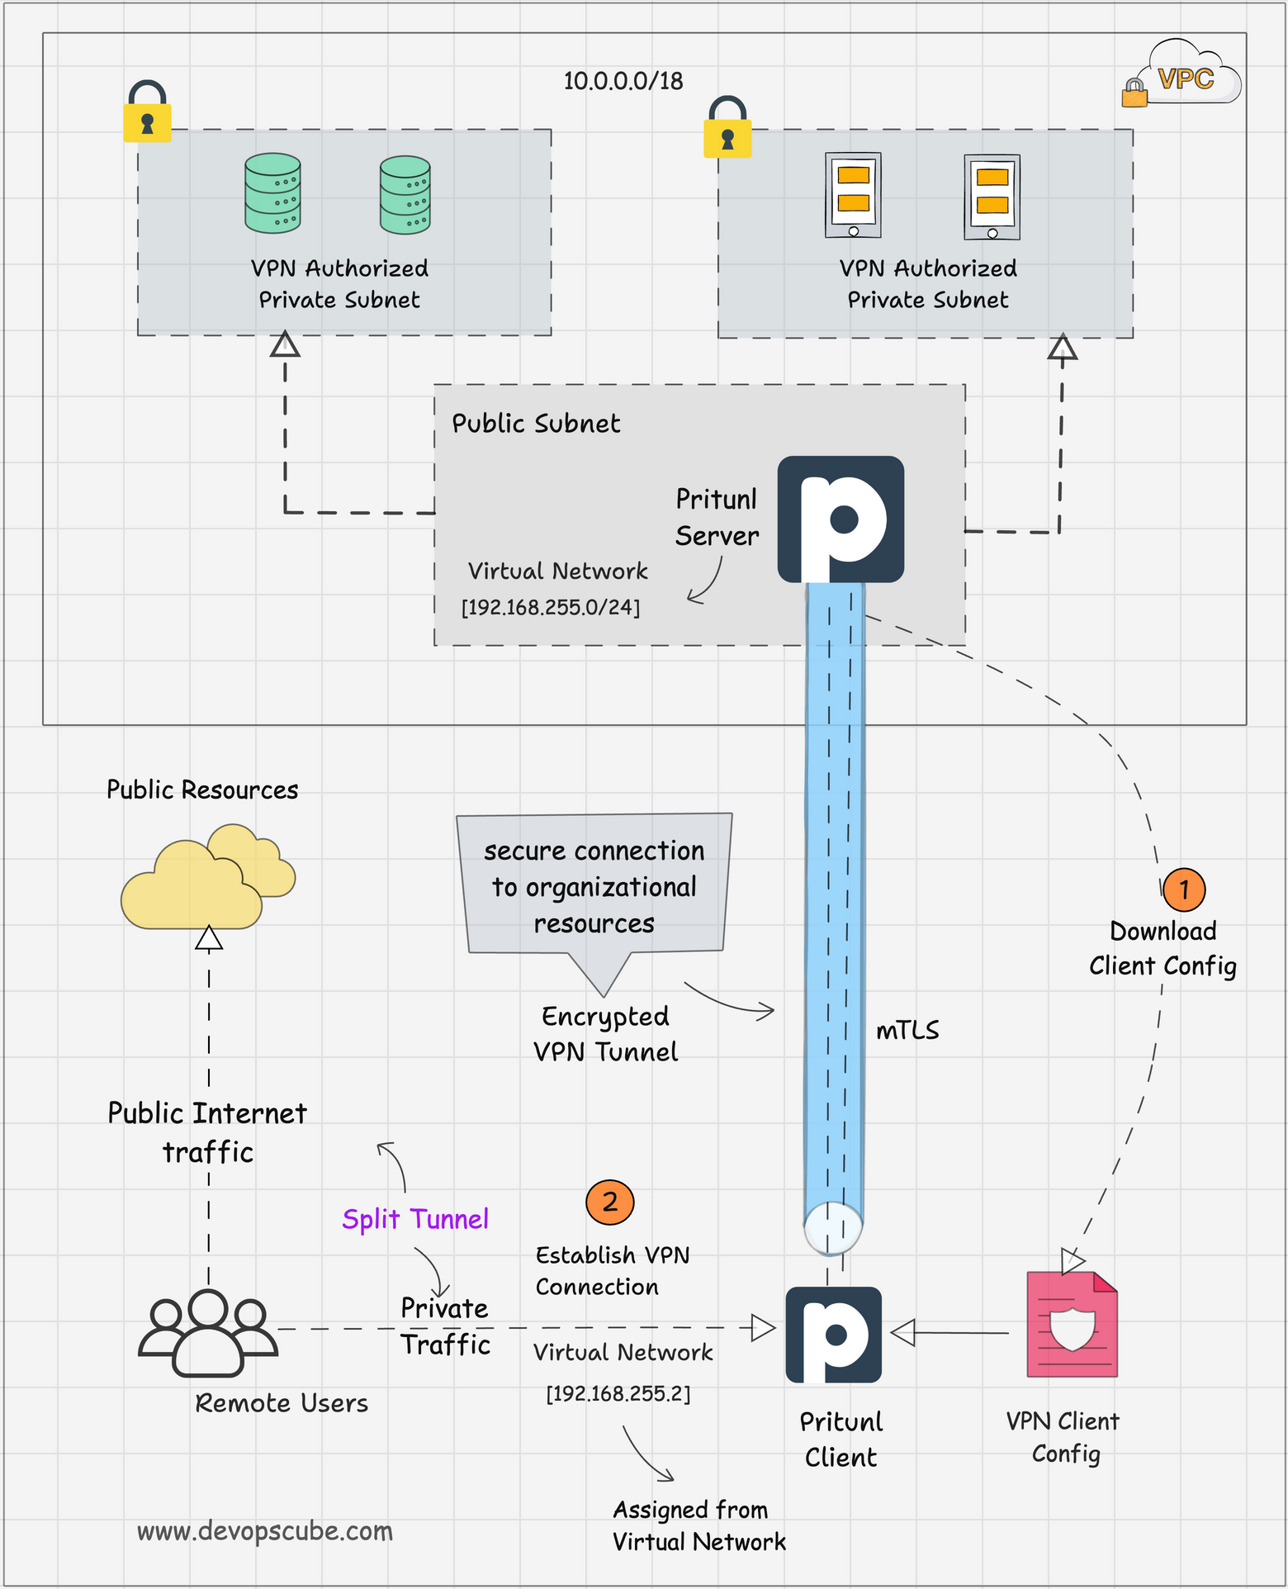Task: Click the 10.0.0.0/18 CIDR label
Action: click(x=623, y=81)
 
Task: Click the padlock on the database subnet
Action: click(x=147, y=113)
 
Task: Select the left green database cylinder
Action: click(x=272, y=193)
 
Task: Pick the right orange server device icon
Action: click(x=992, y=197)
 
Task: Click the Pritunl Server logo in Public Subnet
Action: click(x=841, y=519)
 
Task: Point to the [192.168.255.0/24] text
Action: click(x=550, y=608)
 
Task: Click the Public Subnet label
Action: click(x=535, y=424)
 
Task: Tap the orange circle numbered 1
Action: click(x=1183, y=889)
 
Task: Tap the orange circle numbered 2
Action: click(x=609, y=1202)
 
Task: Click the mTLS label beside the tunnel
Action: click(x=907, y=1031)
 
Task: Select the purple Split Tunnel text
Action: click(x=415, y=1219)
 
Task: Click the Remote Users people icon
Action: click(x=207, y=1331)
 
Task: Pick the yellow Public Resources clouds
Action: click(x=206, y=878)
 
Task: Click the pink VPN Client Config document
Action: click(x=1072, y=1325)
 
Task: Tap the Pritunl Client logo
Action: click(x=833, y=1335)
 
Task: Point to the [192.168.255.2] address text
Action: click(x=618, y=1394)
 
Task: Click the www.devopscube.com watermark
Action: click(x=264, y=1530)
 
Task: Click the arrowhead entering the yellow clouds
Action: click(x=209, y=939)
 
